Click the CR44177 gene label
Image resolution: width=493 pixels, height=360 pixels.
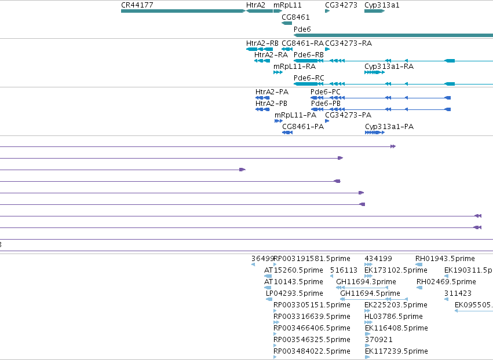(x=137, y=5)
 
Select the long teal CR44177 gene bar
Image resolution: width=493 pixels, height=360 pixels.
(x=183, y=11)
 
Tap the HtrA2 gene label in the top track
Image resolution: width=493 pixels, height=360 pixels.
(x=255, y=5)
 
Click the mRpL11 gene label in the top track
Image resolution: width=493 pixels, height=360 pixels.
(x=287, y=5)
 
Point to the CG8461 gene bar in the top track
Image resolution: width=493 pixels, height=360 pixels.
(x=287, y=23)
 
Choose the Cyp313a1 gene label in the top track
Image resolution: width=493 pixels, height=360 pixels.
(x=382, y=5)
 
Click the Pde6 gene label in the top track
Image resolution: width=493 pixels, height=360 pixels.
(x=302, y=29)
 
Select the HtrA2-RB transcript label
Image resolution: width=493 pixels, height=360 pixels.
(x=262, y=43)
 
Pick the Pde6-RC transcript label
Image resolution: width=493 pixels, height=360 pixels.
(x=309, y=78)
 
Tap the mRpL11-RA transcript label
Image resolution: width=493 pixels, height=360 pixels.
(x=295, y=67)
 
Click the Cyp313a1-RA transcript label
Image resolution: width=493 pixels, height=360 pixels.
(x=389, y=67)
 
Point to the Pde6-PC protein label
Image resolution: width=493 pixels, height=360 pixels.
(x=326, y=91)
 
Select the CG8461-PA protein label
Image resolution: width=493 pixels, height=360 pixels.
(x=303, y=127)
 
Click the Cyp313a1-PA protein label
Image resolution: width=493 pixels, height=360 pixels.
(x=389, y=127)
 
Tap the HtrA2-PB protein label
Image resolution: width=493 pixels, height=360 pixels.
(x=271, y=104)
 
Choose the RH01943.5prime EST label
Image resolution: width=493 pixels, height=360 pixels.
(x=445, y=259)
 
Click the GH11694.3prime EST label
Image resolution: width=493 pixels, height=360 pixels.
(x=366, y=282)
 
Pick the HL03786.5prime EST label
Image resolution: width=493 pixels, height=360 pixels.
(x=393, y=317)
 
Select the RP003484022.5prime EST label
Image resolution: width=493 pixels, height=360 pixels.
(x=312, y=351)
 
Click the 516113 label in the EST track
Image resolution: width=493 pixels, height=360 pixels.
(x=344, y=270)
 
